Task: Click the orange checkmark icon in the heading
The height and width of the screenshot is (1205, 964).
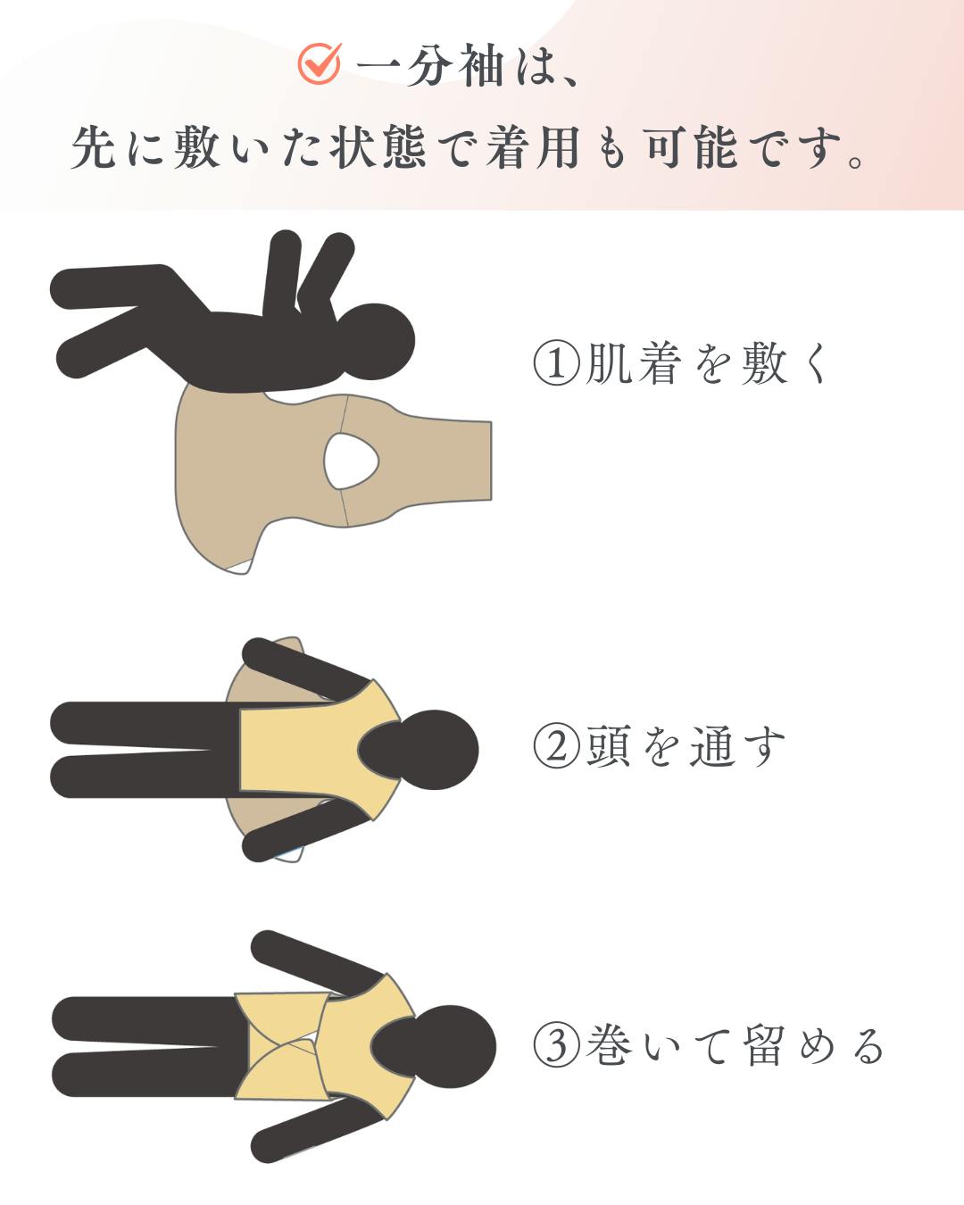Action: (320, 64)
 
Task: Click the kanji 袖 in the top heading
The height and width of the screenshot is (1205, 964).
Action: (482, 66)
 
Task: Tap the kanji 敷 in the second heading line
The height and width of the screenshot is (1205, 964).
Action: (196, 147)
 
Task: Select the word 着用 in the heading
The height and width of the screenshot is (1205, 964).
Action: (533, 147)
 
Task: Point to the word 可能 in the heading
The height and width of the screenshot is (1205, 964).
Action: (690, 147)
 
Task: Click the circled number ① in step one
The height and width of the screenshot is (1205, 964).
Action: (556, 363)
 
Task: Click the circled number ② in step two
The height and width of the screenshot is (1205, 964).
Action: (556, 746)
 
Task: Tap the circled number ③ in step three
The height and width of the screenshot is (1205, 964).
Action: (556, 1046)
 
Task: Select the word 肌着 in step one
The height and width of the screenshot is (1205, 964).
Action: (633, 363)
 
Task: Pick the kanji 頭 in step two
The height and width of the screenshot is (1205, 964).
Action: (609, 746)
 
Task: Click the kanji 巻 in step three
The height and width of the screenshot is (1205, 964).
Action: (609, 1046)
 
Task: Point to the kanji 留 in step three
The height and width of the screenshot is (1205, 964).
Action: (765, 1046)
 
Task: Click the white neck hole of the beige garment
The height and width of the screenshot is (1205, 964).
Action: (351, 461)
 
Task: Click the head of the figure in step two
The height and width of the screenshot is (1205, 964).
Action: (419, 750)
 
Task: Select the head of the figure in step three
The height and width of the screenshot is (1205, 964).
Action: (434, 1046)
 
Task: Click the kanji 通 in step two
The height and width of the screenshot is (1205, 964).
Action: (712, 746)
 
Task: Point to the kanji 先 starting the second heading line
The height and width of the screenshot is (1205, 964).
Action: (94, 147)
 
